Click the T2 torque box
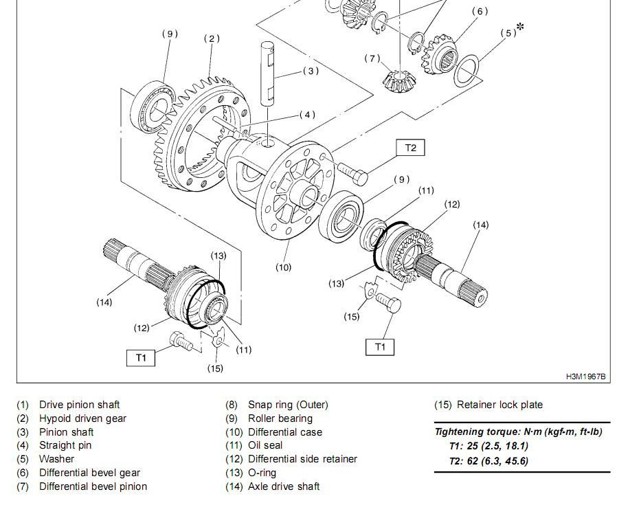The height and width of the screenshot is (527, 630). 410,148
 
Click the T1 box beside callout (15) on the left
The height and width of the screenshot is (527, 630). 141,357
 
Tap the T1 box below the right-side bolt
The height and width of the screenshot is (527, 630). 380,347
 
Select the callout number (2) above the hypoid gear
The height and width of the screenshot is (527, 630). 212,38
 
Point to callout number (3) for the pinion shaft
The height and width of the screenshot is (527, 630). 311,71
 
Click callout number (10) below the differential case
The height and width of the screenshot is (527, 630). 283,267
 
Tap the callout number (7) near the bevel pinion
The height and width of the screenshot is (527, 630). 372,58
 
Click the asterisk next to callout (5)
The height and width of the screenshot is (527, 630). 520,27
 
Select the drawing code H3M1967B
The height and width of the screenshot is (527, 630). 585,377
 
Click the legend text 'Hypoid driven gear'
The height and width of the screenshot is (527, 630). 82,418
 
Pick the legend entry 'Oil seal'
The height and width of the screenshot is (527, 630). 265,445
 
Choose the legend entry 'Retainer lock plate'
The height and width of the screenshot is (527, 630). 499,405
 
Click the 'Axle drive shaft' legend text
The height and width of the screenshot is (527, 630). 284,486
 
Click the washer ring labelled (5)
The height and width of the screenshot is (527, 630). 466,71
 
